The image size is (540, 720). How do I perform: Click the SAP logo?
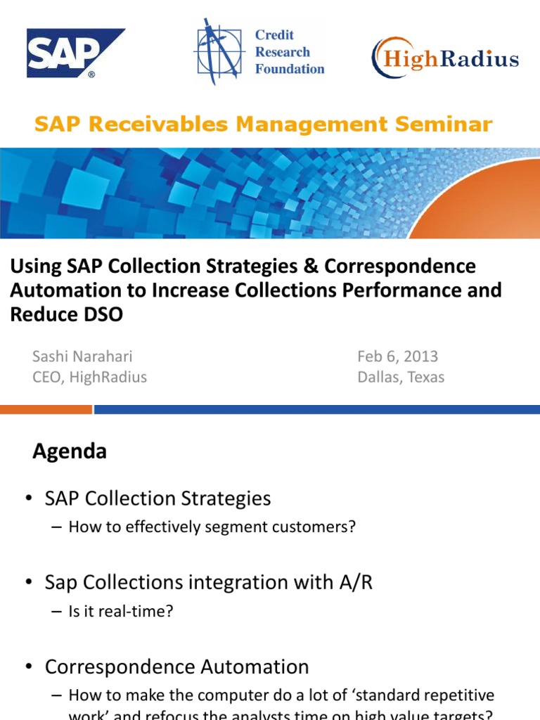pyautogui.click(x=75, y=53)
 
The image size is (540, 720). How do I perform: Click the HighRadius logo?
pyautogui.click(x=445, y=58)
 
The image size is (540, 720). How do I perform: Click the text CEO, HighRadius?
pyautogui.click(x=89, y=377)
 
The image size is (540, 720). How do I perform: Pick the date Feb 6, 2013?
pyautogui.click(x=397, y=356)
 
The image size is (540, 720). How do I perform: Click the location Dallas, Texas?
pyautogui.click(x=401, y=377)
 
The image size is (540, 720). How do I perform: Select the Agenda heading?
pyautogui.click(x=70, y=451)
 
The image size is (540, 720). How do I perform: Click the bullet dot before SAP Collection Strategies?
pyautogui.click(x=28, y=499)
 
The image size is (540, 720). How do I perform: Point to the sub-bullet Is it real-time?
pyautogui.click(x=120, y=611)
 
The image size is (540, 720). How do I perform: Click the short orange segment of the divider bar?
pyautogui.click(x=46, y=409)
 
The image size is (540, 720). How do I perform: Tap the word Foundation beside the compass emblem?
pyautogui.click(x=290, y=69)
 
